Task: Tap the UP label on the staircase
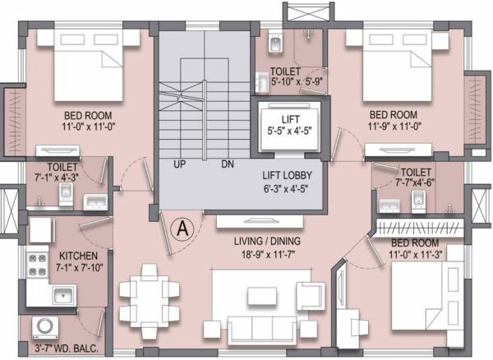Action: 178,164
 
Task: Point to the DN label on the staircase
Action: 228,164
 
